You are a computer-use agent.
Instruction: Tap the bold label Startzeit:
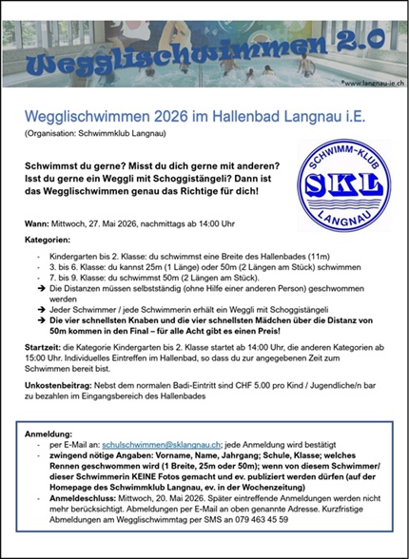[44, 350]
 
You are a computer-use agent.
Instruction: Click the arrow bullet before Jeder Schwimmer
[41, 308]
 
